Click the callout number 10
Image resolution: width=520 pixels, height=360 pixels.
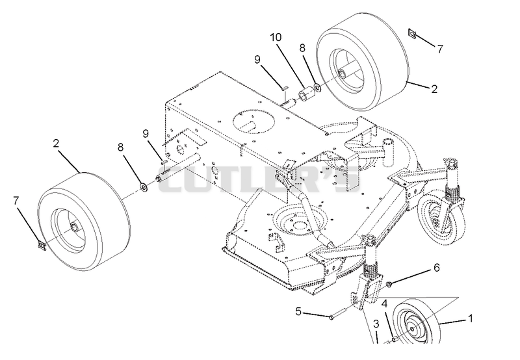[276, 37]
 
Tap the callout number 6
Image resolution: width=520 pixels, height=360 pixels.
[436, 267]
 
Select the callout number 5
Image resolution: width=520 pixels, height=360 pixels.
[298, 312]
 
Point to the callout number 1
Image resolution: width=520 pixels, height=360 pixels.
[469, 318]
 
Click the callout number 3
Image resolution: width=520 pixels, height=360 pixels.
[376, 324]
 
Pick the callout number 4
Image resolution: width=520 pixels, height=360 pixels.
[385, 304]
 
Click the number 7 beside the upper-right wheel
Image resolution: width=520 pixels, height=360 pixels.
[440, 49]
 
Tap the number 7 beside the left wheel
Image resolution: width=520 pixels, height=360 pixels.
[16, 201]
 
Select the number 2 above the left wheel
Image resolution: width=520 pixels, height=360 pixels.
[56, 143]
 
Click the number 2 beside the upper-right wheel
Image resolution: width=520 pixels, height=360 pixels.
[434, 89]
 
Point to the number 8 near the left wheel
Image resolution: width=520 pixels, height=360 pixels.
[120, 147]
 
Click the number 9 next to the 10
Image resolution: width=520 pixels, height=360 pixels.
[257, 60]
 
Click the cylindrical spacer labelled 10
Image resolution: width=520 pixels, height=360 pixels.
[305, 93]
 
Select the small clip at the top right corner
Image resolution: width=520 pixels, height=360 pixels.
[411, 33]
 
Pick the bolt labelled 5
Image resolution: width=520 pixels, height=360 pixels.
[338, 314]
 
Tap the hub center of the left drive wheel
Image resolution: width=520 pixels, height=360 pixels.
[73, 227]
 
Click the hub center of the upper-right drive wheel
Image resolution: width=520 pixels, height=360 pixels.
[342, 72]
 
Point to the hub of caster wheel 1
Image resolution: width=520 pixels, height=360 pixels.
[412, 328]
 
